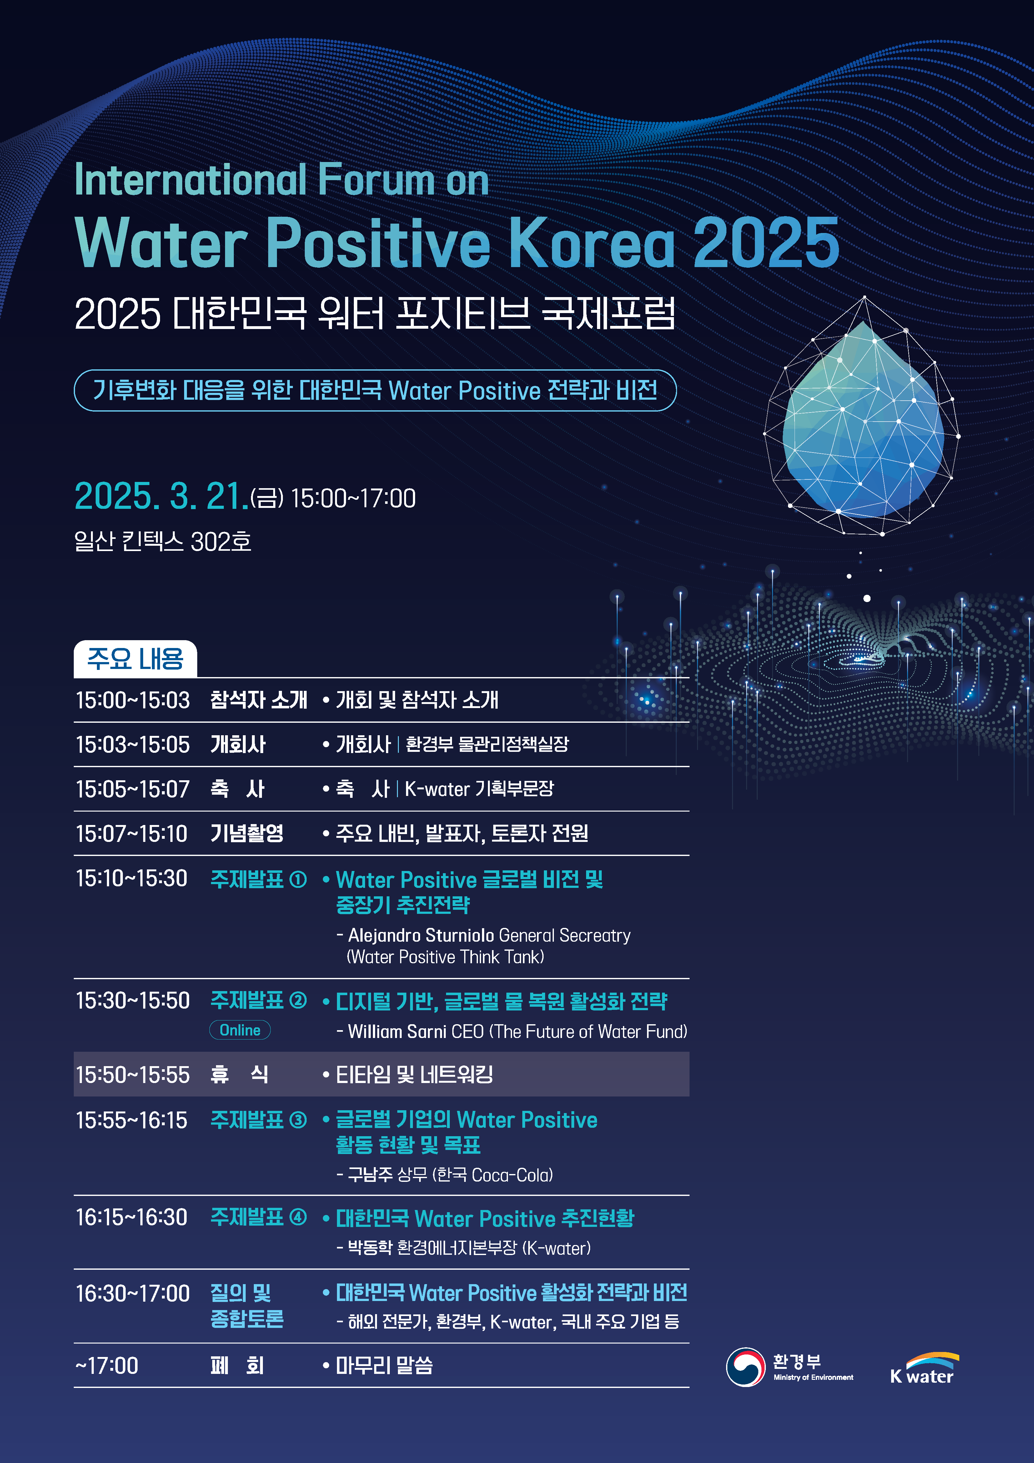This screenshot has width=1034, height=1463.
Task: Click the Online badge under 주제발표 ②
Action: coord(240,1030)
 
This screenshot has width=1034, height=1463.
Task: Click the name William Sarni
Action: coord(397,1032)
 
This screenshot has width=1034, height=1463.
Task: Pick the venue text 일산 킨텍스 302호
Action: coord(163,542)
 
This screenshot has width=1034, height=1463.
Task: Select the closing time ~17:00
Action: coord(107,1365)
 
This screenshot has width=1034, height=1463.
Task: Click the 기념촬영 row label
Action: coord(247,833)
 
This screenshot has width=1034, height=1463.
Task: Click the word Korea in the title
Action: coord(592,242)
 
